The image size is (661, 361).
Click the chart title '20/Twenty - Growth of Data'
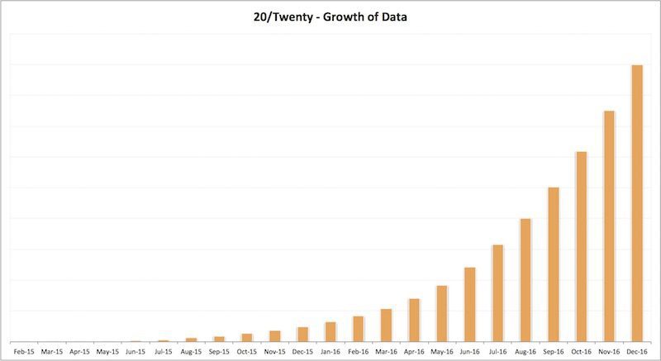330,16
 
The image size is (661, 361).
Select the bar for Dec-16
637,203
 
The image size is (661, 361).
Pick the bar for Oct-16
582,247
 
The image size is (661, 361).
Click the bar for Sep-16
554,264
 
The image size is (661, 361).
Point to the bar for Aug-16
525,280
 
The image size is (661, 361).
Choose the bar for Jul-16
497,293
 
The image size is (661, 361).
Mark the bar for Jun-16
469,305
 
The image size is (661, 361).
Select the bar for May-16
442,314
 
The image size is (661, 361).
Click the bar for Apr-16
414,321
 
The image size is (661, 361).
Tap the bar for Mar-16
386,325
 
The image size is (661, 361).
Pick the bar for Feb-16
358,329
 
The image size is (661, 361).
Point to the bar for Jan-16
330,332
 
